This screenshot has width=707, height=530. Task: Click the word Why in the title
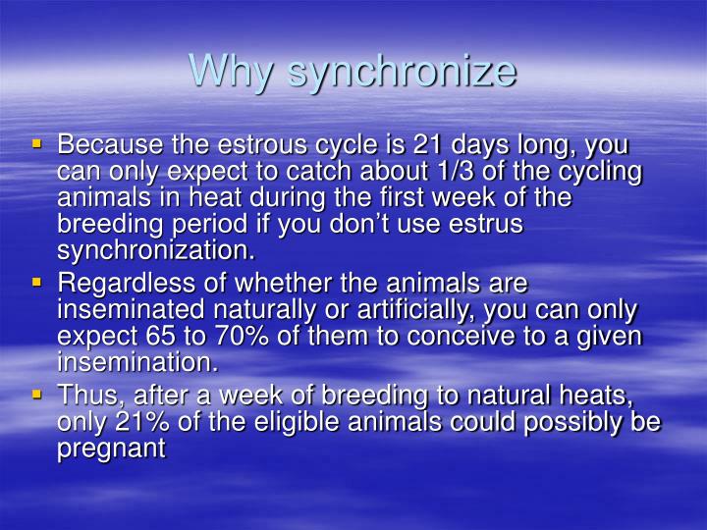pos(229,70)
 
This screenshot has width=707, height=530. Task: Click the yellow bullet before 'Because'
pos(37,143)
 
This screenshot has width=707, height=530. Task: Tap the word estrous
pos(288,146)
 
